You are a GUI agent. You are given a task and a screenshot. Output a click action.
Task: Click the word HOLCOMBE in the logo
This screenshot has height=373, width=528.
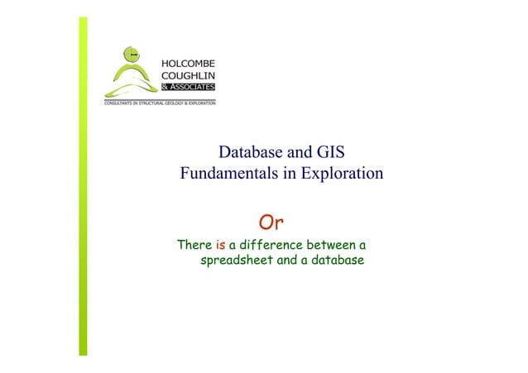188,62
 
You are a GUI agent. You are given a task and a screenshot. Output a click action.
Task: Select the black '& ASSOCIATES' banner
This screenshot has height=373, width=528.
188,86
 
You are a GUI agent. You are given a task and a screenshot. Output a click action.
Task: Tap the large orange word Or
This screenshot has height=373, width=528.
273,222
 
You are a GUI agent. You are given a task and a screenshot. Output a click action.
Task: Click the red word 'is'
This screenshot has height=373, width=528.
220,246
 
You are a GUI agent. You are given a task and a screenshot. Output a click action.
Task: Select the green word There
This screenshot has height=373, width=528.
194,246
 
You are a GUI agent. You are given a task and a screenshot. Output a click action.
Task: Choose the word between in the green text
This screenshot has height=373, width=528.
332,246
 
